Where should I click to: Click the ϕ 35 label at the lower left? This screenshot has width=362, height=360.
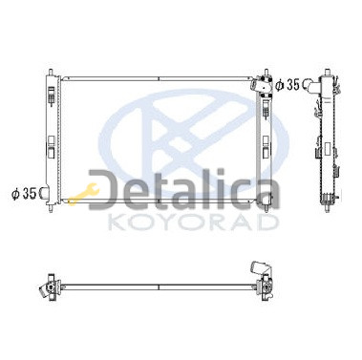pos(24,193)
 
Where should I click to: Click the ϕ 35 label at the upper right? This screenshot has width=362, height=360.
pos(287,84)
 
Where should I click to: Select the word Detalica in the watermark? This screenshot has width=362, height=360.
pos(184,191)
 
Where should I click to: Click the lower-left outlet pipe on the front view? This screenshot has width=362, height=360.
pos(44,193)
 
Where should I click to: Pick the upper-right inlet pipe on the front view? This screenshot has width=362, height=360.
pos(258,84)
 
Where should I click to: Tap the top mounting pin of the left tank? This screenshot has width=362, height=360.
pos(51,72)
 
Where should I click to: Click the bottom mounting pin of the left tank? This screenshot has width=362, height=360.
pos(51,208)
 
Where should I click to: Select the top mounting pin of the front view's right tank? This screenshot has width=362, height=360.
pos(266,72)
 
